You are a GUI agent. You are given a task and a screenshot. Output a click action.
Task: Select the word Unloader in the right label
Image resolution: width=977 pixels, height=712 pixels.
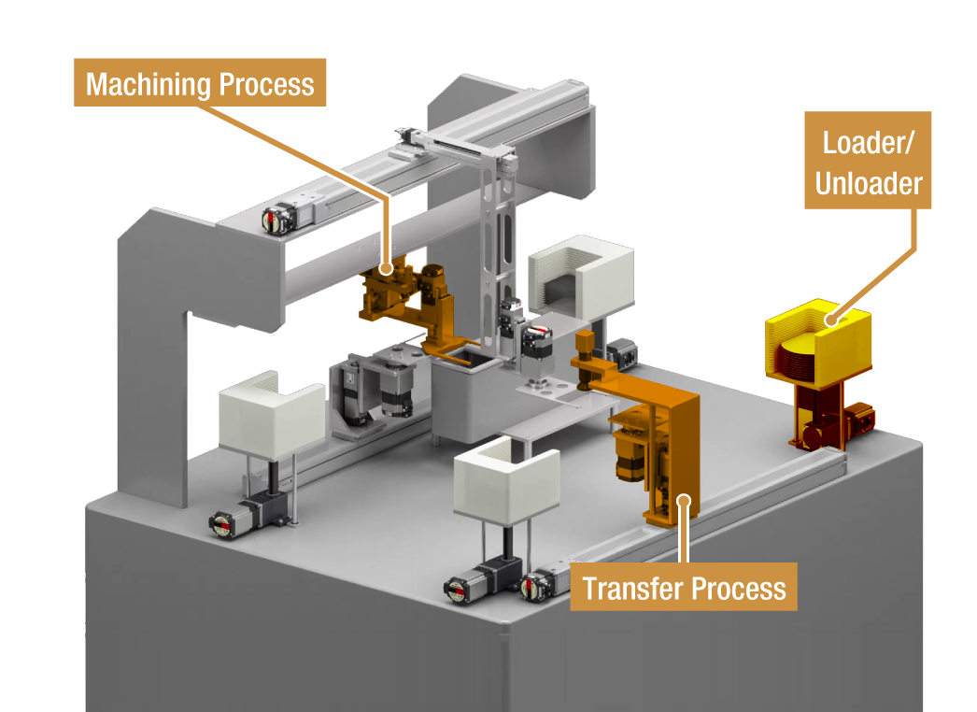tap(868, 183)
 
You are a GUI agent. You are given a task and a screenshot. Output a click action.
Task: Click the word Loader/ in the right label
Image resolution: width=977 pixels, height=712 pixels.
tap(868, 142)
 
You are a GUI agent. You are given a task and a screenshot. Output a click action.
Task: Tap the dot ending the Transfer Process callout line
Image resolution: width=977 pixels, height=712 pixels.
tap(685, 500)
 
